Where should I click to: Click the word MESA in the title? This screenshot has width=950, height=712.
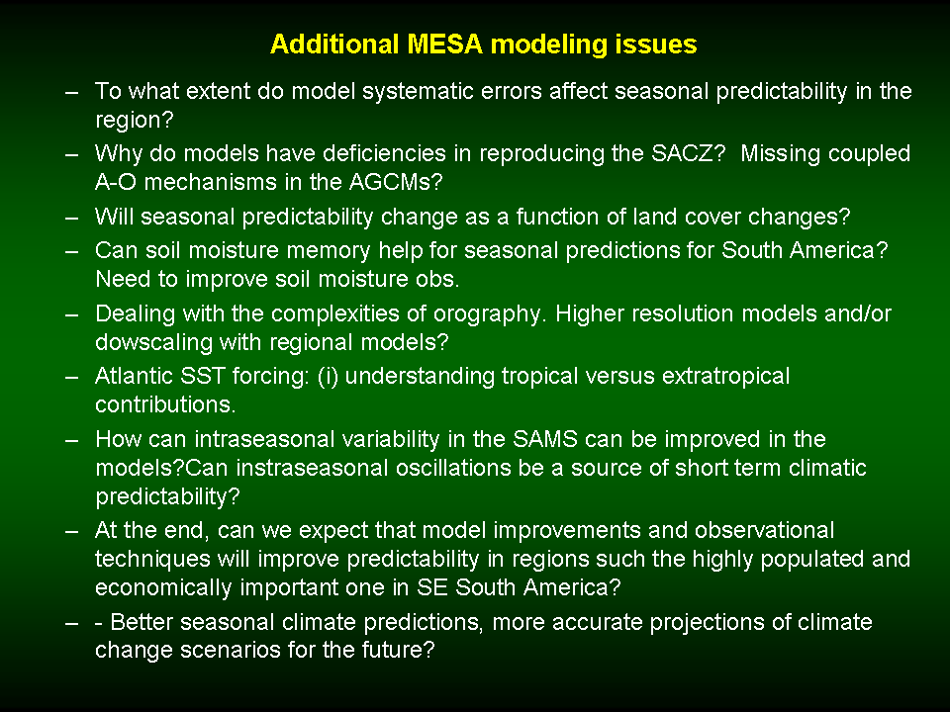[x=444, y=44]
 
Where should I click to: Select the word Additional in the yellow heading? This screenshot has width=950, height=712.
[x=334, y=44]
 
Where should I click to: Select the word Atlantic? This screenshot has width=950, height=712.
[x=134, y=376]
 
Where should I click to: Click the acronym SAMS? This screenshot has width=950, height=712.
[x=545, y=439]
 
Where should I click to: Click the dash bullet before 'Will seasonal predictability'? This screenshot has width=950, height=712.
[x=72, y=218]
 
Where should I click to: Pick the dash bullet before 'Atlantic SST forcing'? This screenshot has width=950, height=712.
[x=72, y=377]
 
